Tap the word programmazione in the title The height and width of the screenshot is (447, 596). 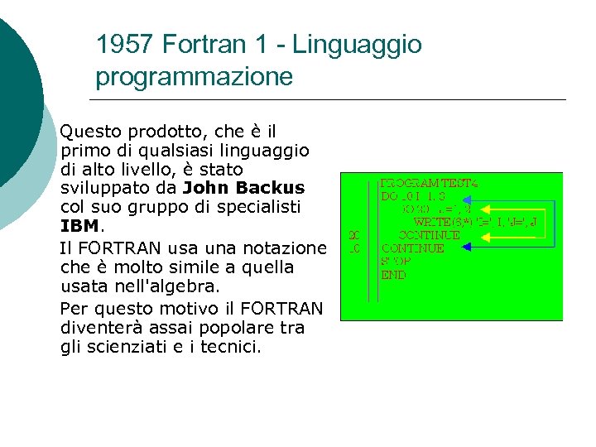(x=194, y=77)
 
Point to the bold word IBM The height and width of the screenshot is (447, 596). (x=79, y=225)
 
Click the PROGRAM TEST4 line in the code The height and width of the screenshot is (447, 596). (x=430, y=184)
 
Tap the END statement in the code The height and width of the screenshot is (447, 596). (x=393, y=275)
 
